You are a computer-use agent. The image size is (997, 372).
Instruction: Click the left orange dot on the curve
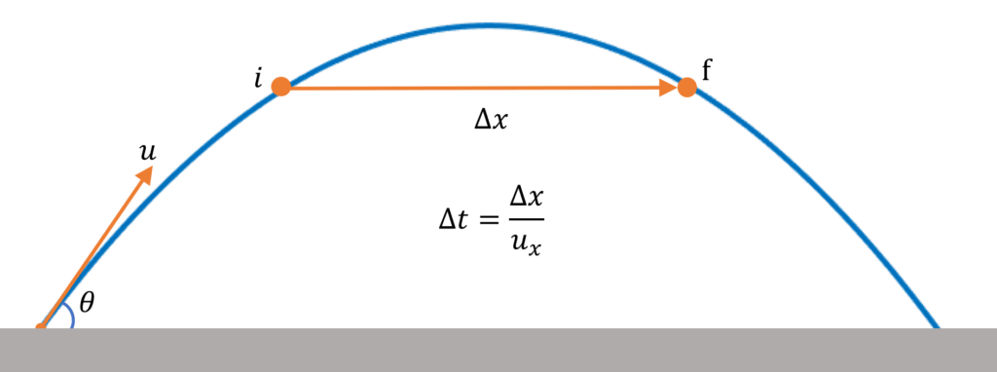[x=280, y=87]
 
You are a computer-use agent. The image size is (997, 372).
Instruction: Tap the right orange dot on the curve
[x=686, y=88]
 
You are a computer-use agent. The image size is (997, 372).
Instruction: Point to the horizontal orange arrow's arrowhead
[x=669, y=88]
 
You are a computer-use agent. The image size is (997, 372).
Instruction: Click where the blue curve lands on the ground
[x=935, y=325]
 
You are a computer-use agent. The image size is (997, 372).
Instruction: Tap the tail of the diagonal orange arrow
[x=41, y=325]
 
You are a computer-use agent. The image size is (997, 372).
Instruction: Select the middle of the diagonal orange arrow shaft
[x=95, y=247]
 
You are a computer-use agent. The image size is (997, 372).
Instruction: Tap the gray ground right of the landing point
[x=969, y=351]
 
